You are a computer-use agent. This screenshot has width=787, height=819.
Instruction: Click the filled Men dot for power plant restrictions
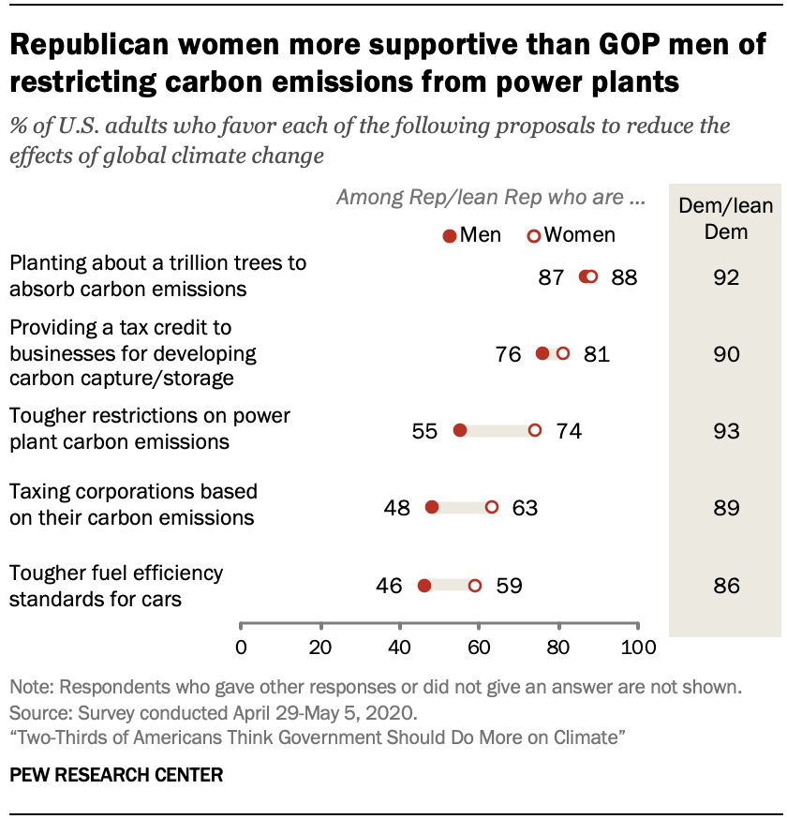coord(459,430)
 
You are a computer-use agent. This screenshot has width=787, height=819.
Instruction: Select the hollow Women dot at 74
coord(535,430)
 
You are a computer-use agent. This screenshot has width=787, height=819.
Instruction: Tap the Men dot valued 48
coord(432,507)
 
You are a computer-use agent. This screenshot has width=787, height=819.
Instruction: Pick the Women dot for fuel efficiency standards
coord(475,586)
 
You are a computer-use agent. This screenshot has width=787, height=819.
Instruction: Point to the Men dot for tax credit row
coord(542,353)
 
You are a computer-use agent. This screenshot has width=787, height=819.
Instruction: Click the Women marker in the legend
coord(534,236)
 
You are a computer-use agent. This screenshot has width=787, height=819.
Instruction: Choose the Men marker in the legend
coord(450,236)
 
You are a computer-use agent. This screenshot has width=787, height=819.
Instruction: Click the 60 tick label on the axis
coord(480,647)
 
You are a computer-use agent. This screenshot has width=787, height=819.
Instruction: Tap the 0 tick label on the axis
coord(241,647)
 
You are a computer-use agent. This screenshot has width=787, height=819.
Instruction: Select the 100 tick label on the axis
coord(639,647)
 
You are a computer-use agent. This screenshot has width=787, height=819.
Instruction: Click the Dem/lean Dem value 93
coord(726,431)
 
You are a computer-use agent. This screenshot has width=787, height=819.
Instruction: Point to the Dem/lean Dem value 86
coord(726,587)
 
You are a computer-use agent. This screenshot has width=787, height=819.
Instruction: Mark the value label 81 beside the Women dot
coord(596,354)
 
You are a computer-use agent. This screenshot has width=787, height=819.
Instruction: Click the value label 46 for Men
coord(389,587)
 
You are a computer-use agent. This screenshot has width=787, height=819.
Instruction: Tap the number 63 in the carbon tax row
coord(525,508)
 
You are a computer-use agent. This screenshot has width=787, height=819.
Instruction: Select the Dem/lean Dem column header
coord(726,219)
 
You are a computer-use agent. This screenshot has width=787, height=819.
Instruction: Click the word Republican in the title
coord(103,46)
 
